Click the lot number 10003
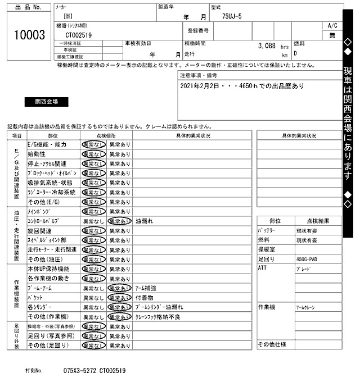coord(29,35)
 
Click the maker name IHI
coord(67,17)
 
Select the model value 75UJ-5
coord(232,17)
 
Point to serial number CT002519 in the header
coord(79,35)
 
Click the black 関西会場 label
coord(46,102)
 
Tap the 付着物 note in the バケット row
coord(145,297)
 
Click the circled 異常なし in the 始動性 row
coord(93,154)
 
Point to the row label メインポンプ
coord(39,211)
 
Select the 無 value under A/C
coord(332,35)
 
